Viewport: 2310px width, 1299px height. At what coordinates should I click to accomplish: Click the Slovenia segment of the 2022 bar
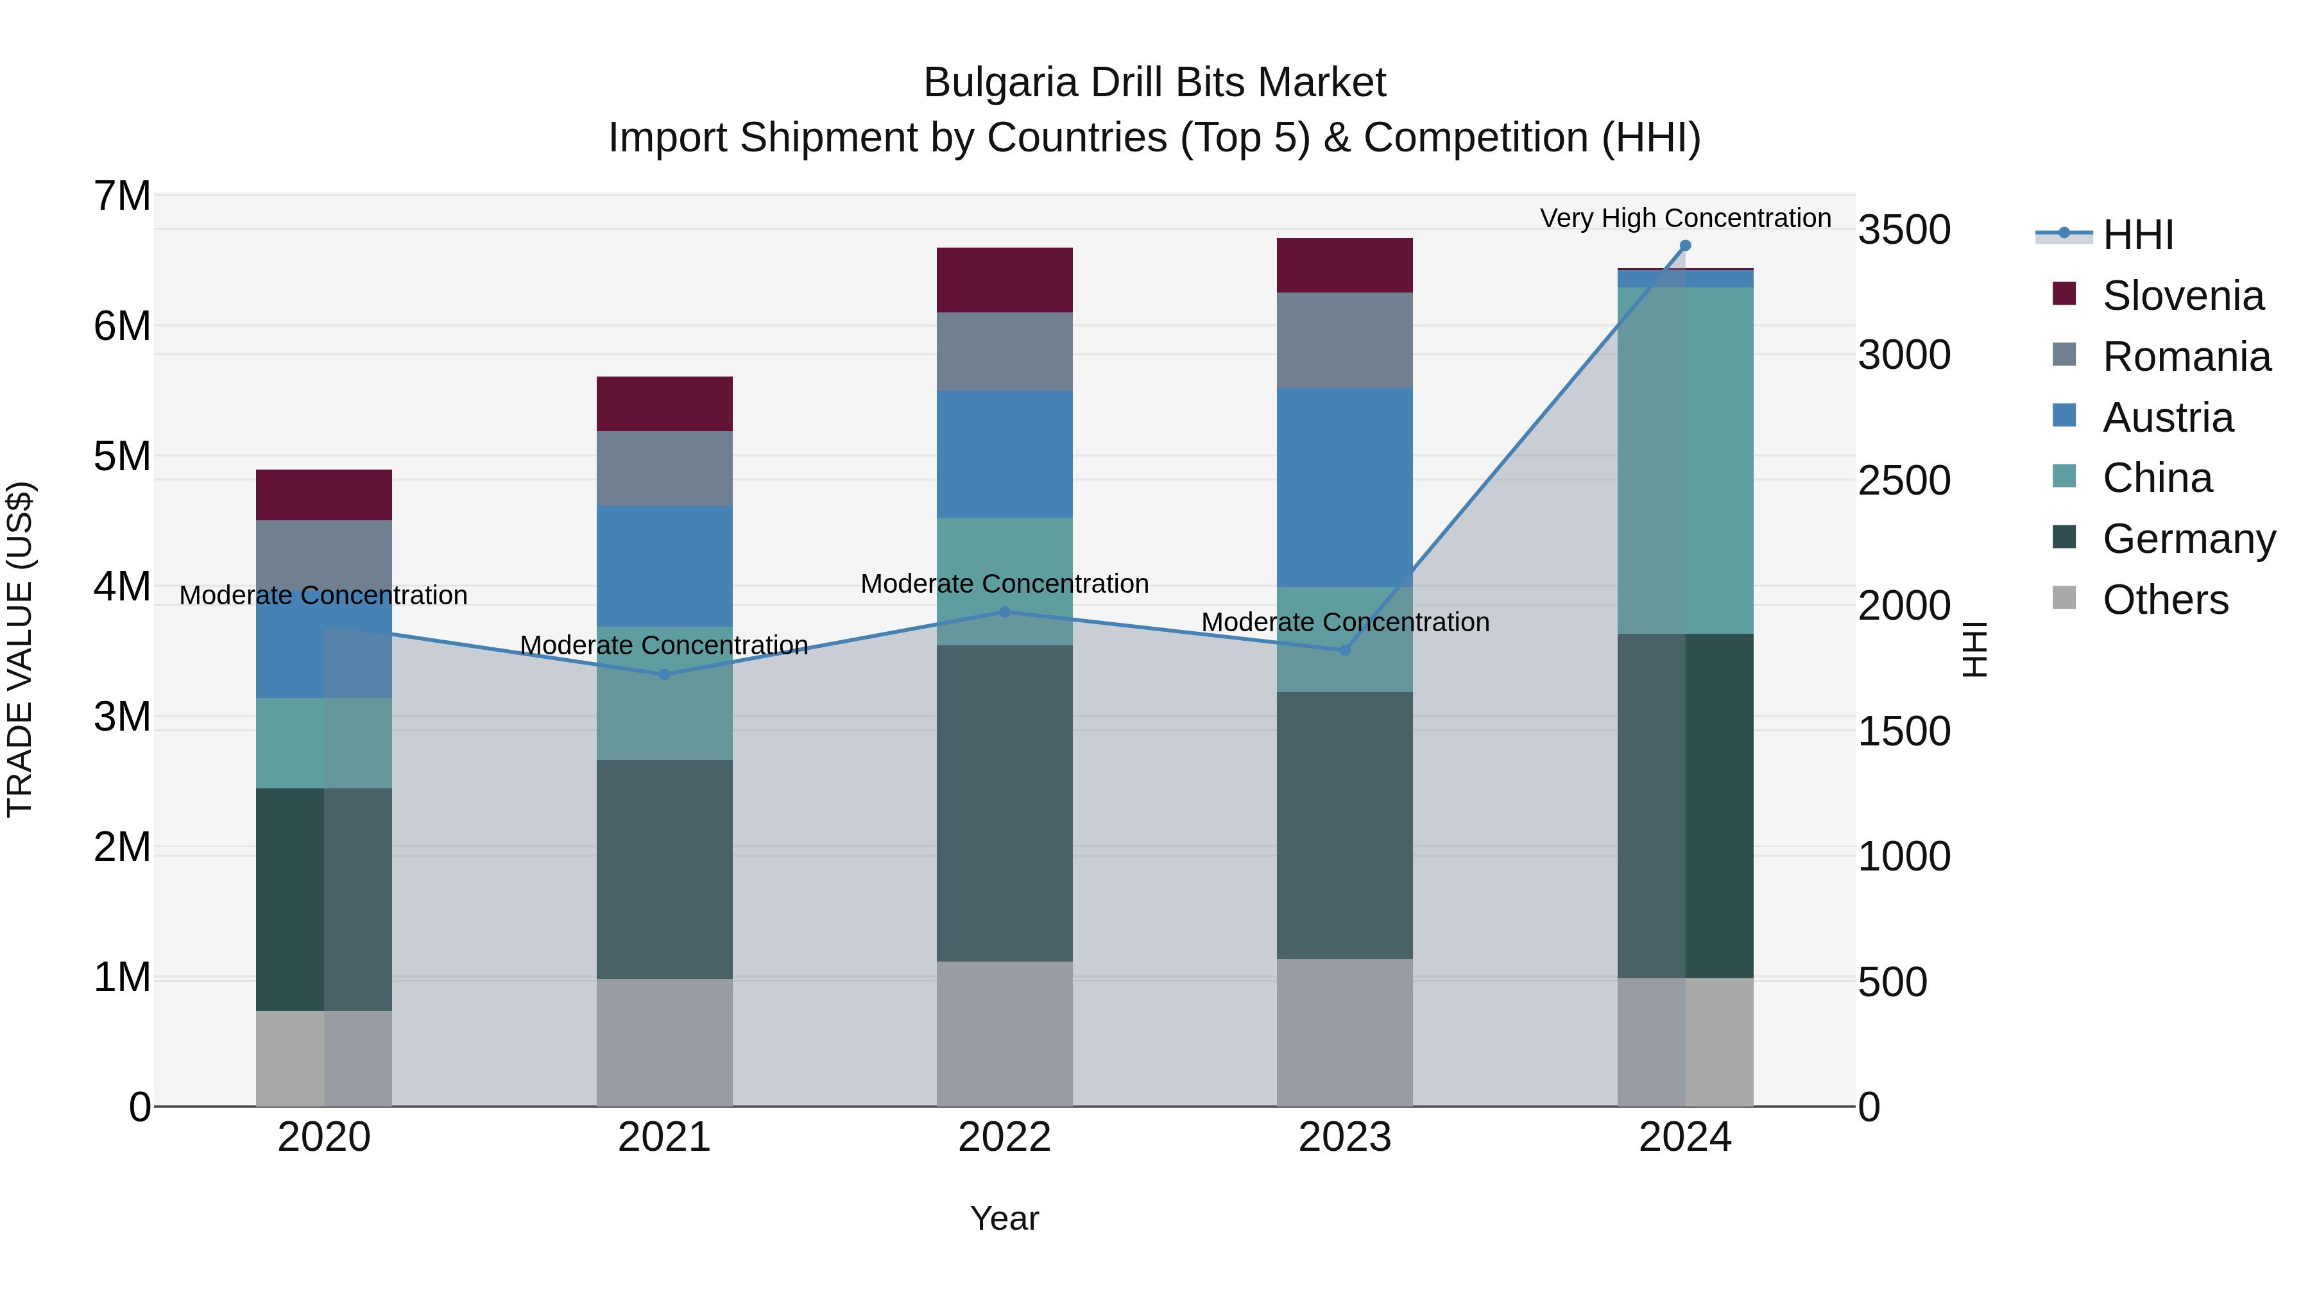pos(1004,280)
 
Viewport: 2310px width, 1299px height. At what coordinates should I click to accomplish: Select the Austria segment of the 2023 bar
pos(1344,487)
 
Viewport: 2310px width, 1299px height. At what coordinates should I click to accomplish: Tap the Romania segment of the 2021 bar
pos(665,468)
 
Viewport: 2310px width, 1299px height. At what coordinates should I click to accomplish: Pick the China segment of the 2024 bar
pos(1685,460)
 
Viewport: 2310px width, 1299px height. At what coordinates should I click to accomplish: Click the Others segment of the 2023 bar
pos(1344,1032)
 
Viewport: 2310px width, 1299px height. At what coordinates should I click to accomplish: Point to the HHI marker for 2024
pos(1685,246)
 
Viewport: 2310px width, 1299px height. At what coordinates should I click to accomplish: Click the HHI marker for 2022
pos(1004,613)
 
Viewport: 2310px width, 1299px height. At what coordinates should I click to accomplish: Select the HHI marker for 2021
pos(665,674)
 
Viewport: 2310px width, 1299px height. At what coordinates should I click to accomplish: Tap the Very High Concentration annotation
pos(1685,218)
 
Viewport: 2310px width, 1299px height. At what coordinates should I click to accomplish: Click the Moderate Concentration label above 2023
pos(1344,622)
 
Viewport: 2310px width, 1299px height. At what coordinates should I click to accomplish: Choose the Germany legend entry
pos(2188,539)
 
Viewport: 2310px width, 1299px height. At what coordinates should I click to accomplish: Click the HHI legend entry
pos(2138,235)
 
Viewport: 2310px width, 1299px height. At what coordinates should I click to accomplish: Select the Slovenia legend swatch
pos(2064,294)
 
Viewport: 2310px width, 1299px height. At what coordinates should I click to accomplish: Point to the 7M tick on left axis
pos(123,196)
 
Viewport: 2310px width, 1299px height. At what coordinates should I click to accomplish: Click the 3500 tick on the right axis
pos(1903,230)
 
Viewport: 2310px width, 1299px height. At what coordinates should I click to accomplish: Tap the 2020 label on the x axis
pos(324,1137)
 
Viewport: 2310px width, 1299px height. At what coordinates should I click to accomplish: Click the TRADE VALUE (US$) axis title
pos(20,649)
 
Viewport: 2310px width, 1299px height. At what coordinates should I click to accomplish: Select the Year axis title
pos(1004,1218)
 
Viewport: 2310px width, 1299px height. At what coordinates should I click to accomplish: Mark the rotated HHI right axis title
pos(1974,649)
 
